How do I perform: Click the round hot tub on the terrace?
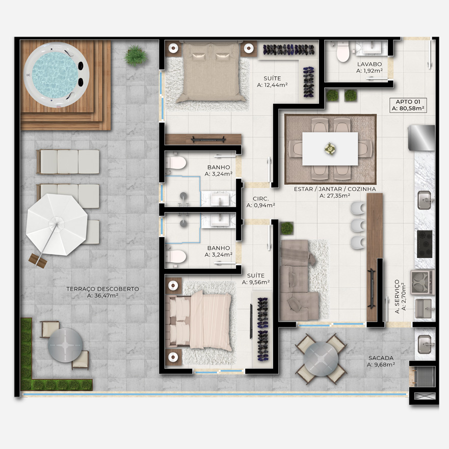click(x=57, y=75)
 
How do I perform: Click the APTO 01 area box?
click(x=408, y=105)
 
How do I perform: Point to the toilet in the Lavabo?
click(x=343, y=51)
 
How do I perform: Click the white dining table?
click(x=330, y=149)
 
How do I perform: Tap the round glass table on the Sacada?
click(x=321, y=359)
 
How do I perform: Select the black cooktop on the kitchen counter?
click(x=425, y=244)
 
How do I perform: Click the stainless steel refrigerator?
click(x=421, y=138)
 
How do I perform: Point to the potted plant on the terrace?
click(x=136, y=55)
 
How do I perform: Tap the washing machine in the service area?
click(x=422, y=282)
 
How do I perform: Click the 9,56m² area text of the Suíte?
click(x=260, y=283)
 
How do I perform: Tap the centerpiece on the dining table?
click(x=330, y=149)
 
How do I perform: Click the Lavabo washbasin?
click(x=372, y=47)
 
